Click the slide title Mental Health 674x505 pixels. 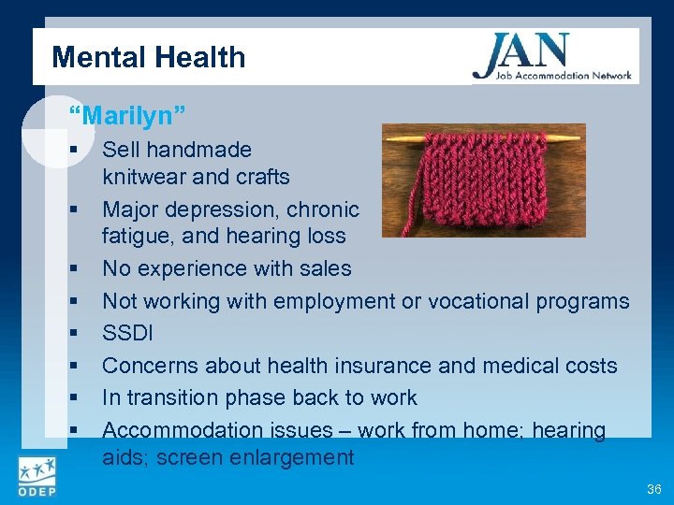[149, 57]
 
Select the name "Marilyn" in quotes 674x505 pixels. [127, 115]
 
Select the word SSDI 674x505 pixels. [127, 334]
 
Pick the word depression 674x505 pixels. [227, 209]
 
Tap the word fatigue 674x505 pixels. [136, 237]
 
